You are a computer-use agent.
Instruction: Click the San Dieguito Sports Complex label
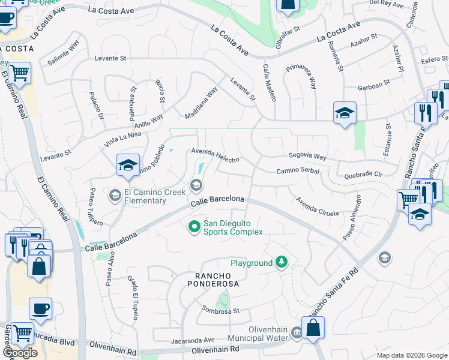tap(233, 227)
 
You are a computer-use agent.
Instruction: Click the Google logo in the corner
tap(20, 353)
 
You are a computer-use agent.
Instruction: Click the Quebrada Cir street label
tap(360, 175)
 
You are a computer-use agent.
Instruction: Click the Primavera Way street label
tap(301, 76)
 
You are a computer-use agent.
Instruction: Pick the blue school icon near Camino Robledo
tap(128, 166)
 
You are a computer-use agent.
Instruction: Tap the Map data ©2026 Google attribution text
tap(411, 355)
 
